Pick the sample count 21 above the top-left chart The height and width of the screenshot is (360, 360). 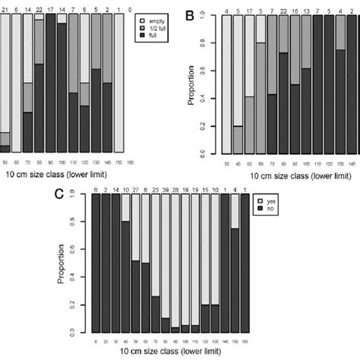pos(5,8)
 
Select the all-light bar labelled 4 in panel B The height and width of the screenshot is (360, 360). pos(227,84)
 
